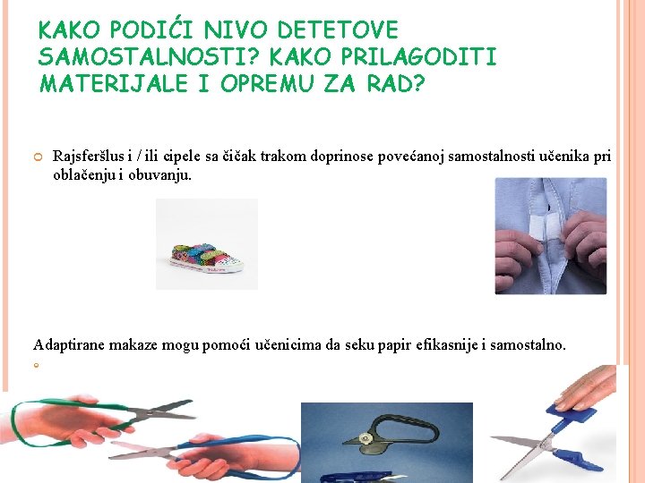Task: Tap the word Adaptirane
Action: pyautogui.click(x=69, y=344)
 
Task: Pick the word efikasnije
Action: pyautogui.click(x=452, y=344)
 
